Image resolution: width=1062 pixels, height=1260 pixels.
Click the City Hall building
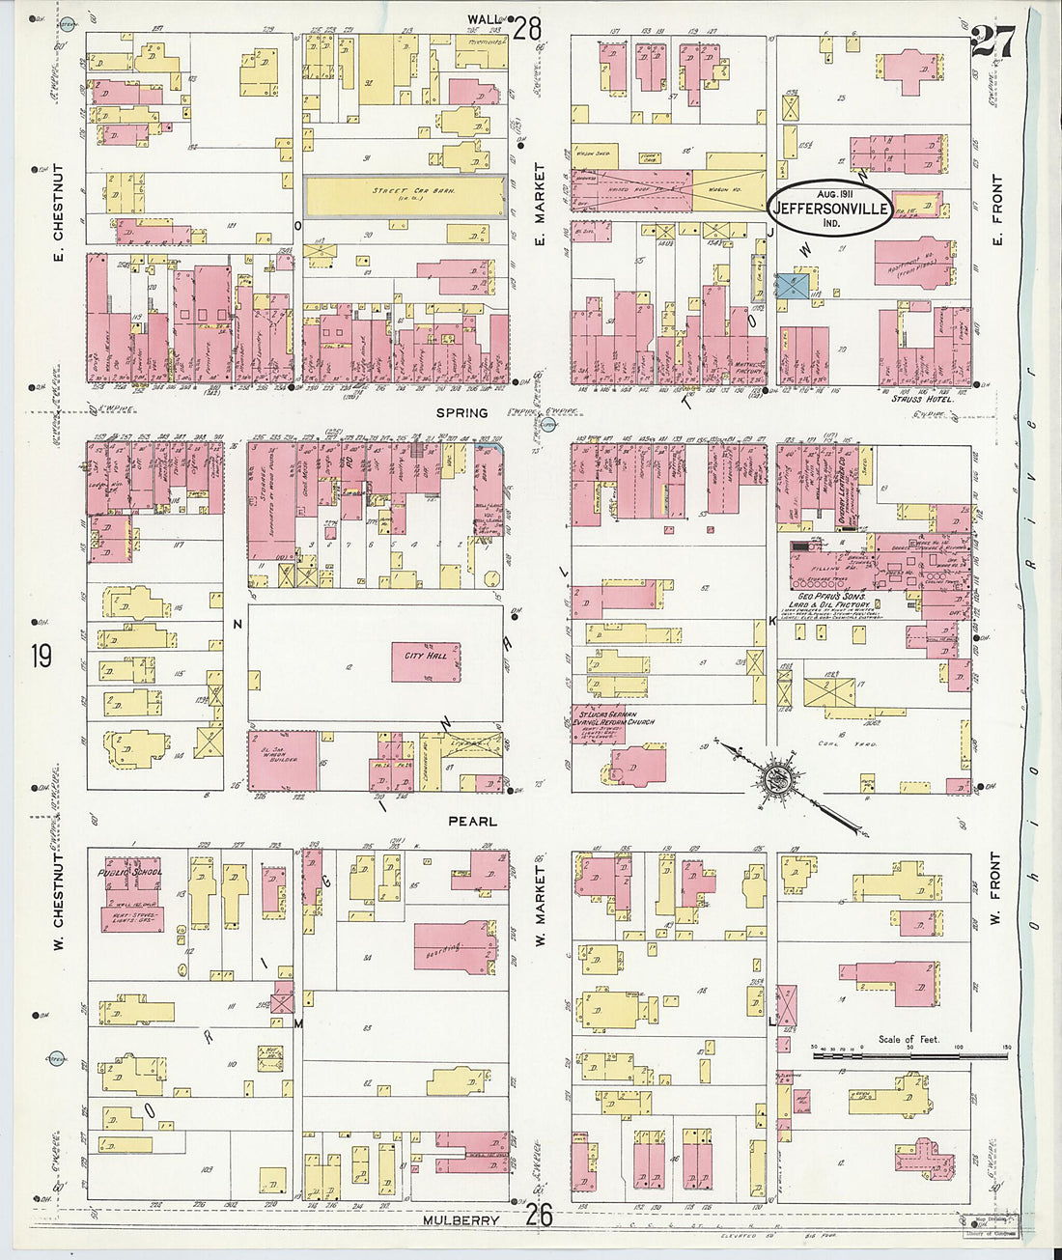pos(426,662)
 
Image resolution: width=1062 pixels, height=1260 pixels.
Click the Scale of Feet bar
pos(910,1055)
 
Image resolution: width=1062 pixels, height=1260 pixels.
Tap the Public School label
pos(128,872)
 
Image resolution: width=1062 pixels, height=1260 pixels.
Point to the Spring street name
pos(461,413)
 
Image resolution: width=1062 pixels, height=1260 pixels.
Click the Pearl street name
pos(472,822)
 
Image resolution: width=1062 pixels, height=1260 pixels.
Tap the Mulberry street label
pos(461,1220)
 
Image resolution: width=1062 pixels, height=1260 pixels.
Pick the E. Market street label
pos(541,205)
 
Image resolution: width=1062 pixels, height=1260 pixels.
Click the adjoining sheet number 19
pos(41,658)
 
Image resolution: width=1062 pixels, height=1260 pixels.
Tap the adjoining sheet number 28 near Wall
pos(527,28)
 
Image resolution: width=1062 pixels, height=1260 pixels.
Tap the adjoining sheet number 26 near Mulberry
pos(539,1215)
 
